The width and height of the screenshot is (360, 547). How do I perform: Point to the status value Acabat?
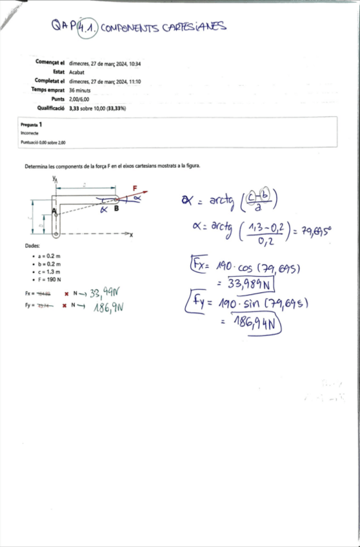tap(77, 72)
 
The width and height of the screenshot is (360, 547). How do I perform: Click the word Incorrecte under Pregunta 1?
tap(30, 134)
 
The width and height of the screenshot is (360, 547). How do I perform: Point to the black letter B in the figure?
tap(115, 208)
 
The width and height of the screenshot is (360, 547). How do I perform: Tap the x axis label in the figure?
tap(130, 235)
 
